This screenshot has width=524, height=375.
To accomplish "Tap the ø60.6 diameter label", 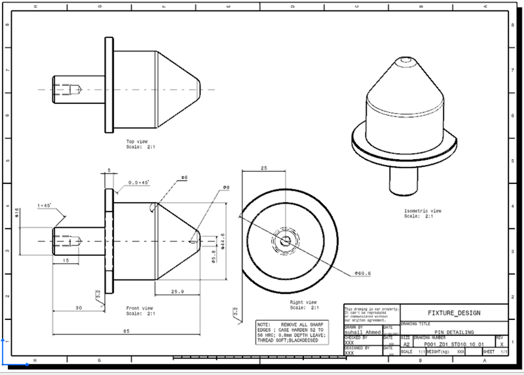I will coord(363,273).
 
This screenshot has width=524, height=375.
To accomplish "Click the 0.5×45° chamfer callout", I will coord(138,182).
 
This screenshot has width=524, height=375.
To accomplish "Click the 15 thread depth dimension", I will coord(66,260).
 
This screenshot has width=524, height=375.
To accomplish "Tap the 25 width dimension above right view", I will coord(263,168).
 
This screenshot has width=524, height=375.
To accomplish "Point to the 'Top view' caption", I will coord(137,141).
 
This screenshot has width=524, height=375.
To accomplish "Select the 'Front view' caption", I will coord(140,308).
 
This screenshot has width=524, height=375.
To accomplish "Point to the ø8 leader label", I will coord(226,188).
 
